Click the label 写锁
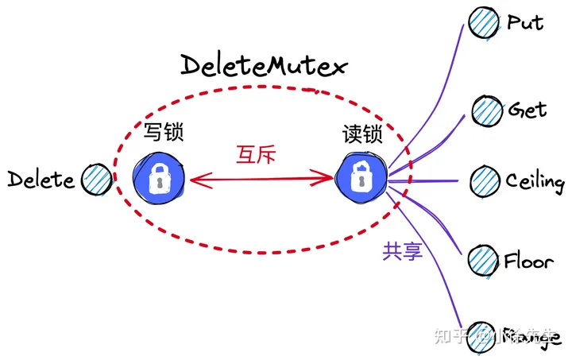(x=164, y=132)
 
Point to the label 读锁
(x=362, y=132)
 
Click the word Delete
(x=41, y=180)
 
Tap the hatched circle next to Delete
(x=99, y=179)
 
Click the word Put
(x=525, y=21)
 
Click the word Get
(x=528, y=109)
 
